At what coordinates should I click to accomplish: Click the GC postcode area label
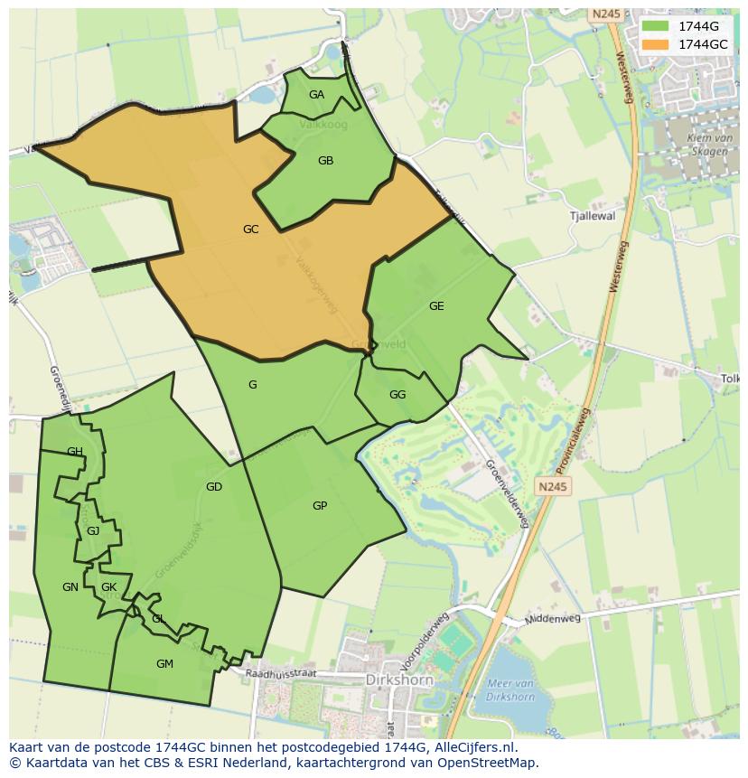coord(251,230)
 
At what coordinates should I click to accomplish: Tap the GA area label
coord(316,95)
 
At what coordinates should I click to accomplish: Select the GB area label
coord(326,161)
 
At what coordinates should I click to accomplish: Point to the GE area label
coord(436,306)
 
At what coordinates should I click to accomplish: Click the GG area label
coord(397,395)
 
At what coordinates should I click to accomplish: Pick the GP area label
coord(320,506)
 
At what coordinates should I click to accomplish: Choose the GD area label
coord(214,487)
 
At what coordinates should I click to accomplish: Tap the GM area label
coord(164,664)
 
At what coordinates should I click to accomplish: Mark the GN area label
coord(70,587)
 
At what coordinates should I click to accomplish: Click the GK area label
coord(109,587)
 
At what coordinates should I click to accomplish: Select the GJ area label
coord(93,531)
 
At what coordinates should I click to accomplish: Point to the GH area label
coord(75,452)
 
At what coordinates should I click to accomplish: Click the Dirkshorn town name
coord(399,680)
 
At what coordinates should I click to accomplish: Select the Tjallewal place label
coord(593,217)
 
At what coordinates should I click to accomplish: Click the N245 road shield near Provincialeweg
coord(553,487)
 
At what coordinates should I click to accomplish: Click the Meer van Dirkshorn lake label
coord(511,690)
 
